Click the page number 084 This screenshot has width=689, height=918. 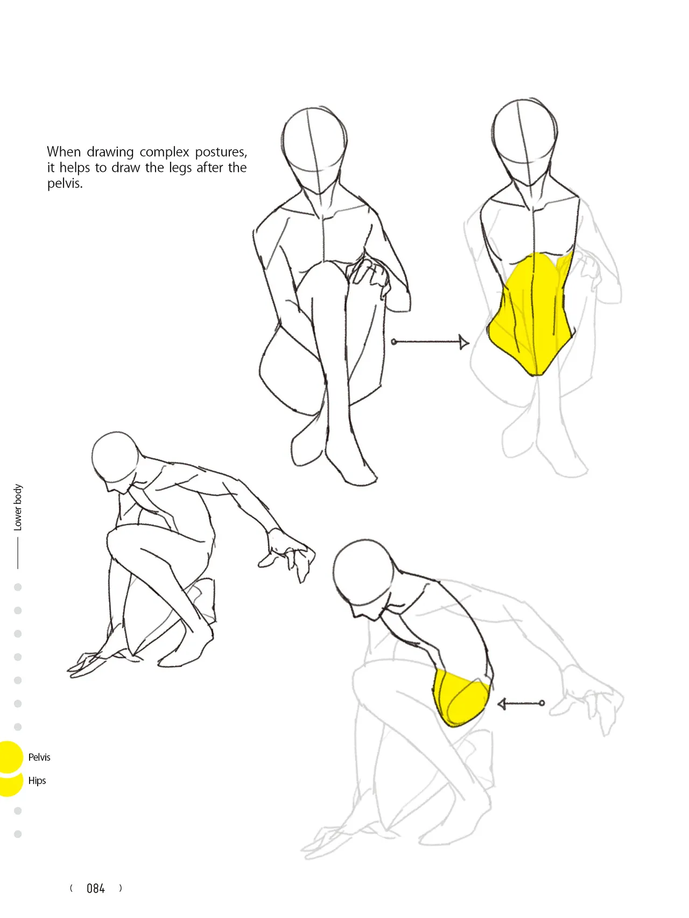pyautogui.click(x=96, y=888)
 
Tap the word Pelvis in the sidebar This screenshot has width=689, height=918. pyautogui.click(x=39, y=757)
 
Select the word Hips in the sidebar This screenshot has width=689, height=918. pyautogui.click(x=37, y=781)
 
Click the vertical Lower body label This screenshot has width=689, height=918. pyautogui.click(x=18, y=507)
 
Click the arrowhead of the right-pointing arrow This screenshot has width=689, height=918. pyautogui.click(x=464, y=342)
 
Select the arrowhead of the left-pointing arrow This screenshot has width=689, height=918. pyautogui.click(x=502, y=704)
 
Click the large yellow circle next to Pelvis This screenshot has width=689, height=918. pyautogui.click(x=9, y=756)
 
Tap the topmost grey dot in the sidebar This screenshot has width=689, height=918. pyautogui.click(x=18, y=587)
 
